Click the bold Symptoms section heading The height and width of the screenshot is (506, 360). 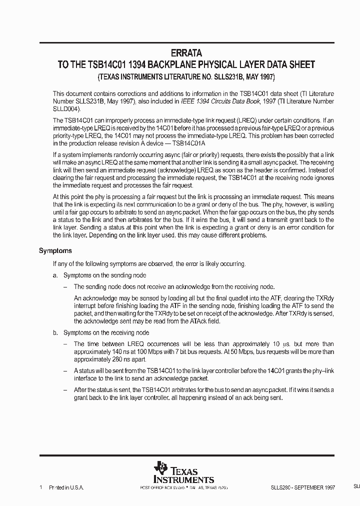55,251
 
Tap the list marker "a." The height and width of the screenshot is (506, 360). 55,275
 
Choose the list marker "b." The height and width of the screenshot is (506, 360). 55,332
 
